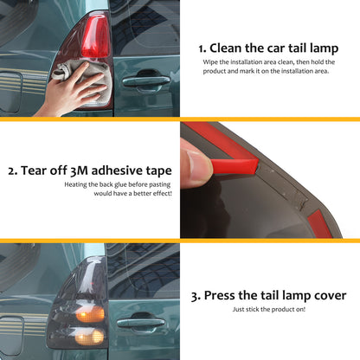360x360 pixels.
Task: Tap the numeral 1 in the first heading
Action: click(201, 48)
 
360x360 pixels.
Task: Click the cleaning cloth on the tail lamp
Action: click(83, 81)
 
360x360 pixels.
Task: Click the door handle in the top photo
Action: click(145, 81)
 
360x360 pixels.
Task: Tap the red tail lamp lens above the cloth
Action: click(95, 36)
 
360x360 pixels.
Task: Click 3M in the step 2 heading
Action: click(79, 170)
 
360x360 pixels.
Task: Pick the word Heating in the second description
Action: click(75, 184)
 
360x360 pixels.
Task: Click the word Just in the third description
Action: click(238, 309)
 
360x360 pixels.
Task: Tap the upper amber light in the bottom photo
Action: click(90, 314)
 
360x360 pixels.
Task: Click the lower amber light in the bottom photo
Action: click(89, 337)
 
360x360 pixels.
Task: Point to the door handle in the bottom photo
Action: click(141, 323)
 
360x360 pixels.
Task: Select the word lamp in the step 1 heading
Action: click(324, 48)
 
